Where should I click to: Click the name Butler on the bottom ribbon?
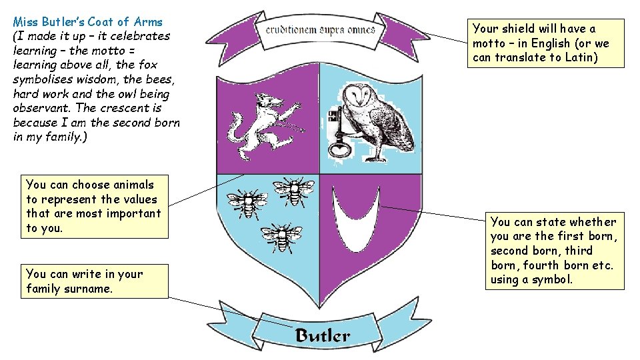322,335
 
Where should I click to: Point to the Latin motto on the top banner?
320,30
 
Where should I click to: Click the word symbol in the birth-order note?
550,279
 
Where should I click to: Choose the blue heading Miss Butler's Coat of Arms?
87,22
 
